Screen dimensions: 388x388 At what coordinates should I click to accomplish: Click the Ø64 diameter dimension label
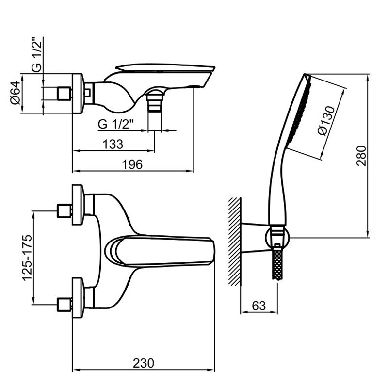click(x=16, y=93)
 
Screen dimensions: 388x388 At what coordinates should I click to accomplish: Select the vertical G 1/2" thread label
click(x=37, y=55)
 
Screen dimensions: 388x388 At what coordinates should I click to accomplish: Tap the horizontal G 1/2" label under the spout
click(x=116, y=124)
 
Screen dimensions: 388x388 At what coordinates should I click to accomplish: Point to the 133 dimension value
click(x=113, y=144)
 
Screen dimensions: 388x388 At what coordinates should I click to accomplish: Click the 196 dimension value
click(x=132, y=164)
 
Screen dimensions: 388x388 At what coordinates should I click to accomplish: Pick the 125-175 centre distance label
click(x=27, y=258)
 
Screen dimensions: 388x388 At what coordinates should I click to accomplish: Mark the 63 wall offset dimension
click(x=259, y=306)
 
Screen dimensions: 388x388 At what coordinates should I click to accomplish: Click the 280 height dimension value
click(x=361, y=156)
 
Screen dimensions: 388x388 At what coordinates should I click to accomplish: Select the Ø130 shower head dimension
click(x=326, y=121)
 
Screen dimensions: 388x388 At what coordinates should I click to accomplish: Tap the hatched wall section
click(x=235, y=242)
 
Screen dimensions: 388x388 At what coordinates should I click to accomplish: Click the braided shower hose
click(x=277, y=264)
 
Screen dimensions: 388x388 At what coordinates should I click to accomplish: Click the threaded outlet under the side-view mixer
click(x=154, y=103)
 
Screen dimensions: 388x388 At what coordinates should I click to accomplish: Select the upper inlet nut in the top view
click(x=65, y=211)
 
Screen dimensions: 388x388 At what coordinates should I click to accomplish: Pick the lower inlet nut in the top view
click(x=65, y=305)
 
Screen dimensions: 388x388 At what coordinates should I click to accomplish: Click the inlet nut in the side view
click(x=65, y=94)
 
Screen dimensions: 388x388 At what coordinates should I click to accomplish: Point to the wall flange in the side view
click(x=78, y=93)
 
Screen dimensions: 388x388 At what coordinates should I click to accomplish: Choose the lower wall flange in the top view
click(x=78, y=298)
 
